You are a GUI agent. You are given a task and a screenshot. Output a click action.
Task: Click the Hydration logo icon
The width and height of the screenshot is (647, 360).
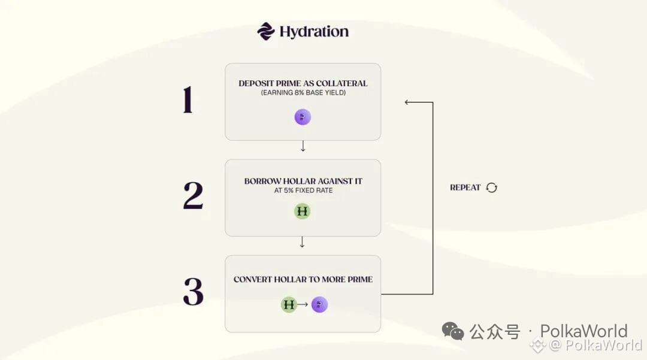click(x=266, y=31)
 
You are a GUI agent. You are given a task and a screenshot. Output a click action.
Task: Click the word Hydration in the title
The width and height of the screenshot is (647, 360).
click(x=314, y=32)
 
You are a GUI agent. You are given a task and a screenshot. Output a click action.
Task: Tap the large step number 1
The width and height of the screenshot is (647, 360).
click(x=188, y=99)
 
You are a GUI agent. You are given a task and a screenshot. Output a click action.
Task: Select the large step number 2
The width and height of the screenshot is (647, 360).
click(x=193, y=195)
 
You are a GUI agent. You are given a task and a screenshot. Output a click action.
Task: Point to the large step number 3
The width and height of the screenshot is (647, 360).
click(x=193, y=292)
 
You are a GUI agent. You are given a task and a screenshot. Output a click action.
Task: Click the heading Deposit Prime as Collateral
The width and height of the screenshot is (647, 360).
click(x=303, y=83)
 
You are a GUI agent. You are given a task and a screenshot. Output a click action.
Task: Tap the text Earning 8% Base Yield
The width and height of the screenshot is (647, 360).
click(x=303, y=93)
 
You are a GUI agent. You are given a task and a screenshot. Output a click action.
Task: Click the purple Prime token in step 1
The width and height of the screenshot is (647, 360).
click(x=303, y=117)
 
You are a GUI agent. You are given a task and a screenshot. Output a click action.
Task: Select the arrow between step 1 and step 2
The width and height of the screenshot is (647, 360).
click(x=303, y=146)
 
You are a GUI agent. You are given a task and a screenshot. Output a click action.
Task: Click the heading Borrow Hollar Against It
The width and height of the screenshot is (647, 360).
click(x=303, y=181)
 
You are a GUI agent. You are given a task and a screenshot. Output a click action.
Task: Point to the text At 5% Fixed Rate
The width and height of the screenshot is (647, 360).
click(x=303, y=190)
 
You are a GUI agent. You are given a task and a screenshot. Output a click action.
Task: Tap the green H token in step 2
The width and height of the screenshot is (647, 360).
click(x=302, y=211)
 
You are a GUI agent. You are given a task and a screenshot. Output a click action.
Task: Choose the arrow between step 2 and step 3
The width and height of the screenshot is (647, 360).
click(x=302, y=242)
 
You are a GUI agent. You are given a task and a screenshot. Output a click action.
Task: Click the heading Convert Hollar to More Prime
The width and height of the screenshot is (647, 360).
click(x=303, y=279)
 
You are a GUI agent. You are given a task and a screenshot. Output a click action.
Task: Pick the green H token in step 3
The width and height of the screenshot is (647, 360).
click(x=289, y=305)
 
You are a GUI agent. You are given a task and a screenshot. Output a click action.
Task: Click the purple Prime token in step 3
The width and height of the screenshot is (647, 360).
click(x=319, y=305)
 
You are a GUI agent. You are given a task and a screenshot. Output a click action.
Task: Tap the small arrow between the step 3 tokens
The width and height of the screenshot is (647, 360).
click(x=303, y=304)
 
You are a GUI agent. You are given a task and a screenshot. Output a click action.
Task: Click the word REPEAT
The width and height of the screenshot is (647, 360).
click(x=465, y=187)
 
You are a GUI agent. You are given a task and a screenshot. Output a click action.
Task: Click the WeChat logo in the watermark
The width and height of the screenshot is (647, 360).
click(x=453, y=331)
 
